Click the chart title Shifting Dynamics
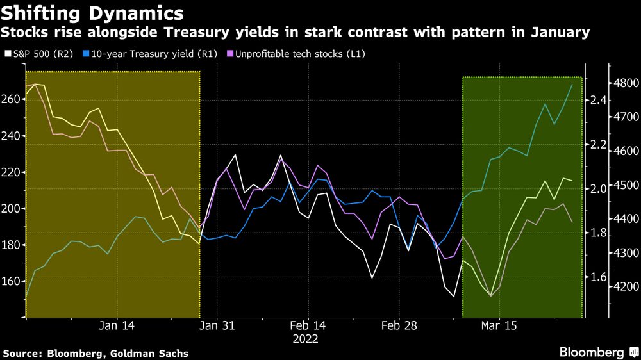[x=94, y=12]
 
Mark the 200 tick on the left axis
[x=12, y=208]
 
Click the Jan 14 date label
[x=118, y=325]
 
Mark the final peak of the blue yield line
[x=572, y=84]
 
